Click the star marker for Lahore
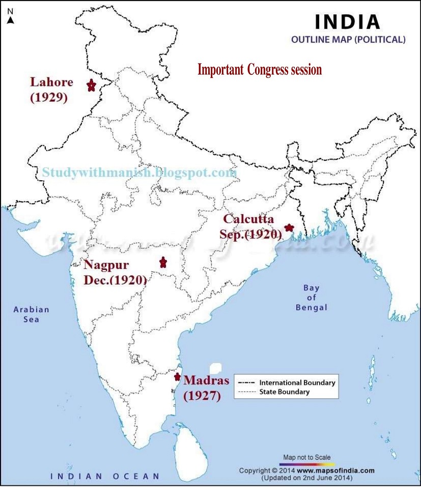(x=91, y=85)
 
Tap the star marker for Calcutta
(x=290, y=228)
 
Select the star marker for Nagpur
(x=163, y=262)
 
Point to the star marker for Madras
(x=177, y=377)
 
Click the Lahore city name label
(x=51, y=82)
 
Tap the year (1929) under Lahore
(x=49, y=98)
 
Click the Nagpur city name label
(x=106, y=265)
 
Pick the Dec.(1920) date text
(x=115, y=280)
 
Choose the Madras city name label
(x=206, y=380)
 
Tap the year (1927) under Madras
(x=202, y=395)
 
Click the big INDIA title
(x=348, y=22)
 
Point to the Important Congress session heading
(x=260, y=70)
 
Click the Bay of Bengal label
(x=311, y=297)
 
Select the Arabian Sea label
(x=32, y=314)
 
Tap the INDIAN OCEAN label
(x=104, y=476)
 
